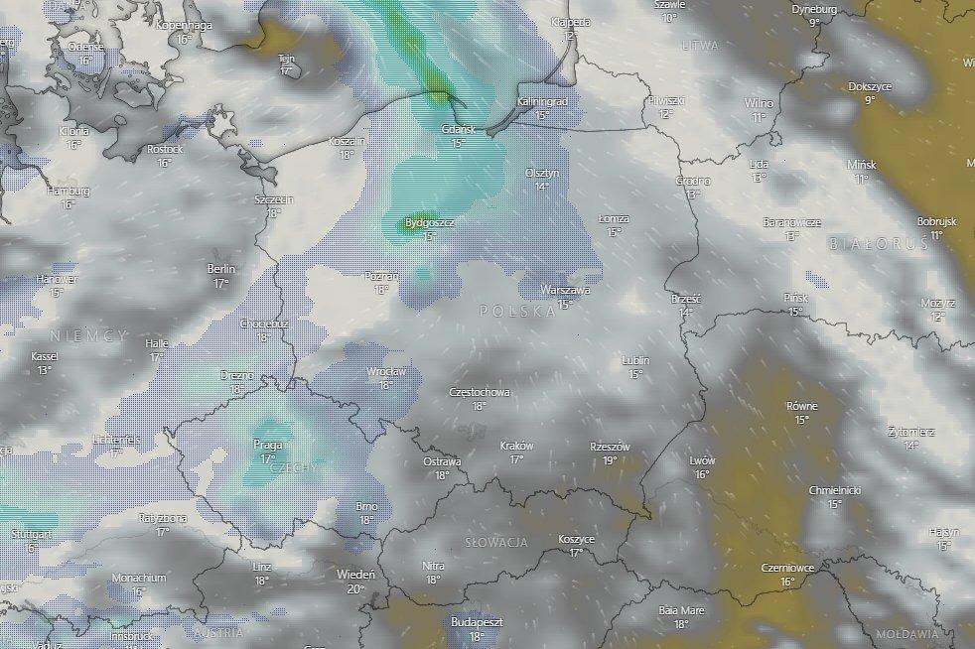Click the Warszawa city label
[x=566, y=291]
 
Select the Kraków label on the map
[x=516, y=447]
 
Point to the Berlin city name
[x=221, y=269]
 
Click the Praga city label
[x=268, y=445]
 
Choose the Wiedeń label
[x=355, y=575]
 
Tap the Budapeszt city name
[x=477, y=622]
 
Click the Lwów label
[x=701, y=461]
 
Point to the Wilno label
[x=760, y=103]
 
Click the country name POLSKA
[x=517, y=311]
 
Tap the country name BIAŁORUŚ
[x=870, y=243]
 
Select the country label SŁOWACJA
[x=495, y=542]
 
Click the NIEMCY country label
[x=88, y=336]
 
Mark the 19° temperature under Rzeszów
[x=610, y=459]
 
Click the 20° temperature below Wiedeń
[x=355, y=588]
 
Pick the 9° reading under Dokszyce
[x=870, y=99]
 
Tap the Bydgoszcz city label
[x=430, y=223]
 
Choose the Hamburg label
[x=69, y=191]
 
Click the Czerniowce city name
[x=787, y=568]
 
